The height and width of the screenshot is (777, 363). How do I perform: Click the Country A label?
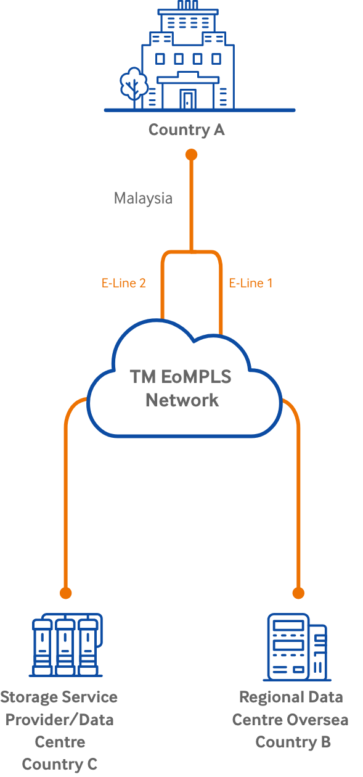(x=187, y=130)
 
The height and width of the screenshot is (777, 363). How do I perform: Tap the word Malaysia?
(x=143, y=199)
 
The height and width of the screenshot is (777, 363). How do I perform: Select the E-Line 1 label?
(x=251, y=283)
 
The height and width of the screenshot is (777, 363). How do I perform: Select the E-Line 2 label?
(x=123, y=283)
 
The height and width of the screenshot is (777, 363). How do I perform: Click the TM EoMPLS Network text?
(x=181, y=388)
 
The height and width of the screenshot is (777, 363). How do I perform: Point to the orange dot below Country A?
(x=192, y=155)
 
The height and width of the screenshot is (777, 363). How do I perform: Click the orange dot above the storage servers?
(x=65, y=593)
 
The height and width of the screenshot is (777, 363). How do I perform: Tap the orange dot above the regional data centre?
(x=298, y=593)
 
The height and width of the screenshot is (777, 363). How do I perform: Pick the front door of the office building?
(x=187, y=99)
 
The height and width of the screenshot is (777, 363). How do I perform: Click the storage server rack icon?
(x=66, y=645)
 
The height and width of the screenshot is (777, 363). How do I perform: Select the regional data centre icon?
(x=297, y=647)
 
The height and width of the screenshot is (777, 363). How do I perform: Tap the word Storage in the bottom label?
(x=29, y=697)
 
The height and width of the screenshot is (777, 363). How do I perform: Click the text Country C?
(x=60, y=764)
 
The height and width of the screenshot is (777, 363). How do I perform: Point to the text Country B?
(x=293, y=742)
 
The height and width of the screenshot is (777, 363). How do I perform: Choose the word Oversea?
(x=319, y=720)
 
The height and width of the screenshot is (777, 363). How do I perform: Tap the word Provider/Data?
(x=60, y=720)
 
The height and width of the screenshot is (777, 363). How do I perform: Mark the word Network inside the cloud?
(x=182, y=400)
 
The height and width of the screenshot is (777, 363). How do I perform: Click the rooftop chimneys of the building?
(x=187, y=5)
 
